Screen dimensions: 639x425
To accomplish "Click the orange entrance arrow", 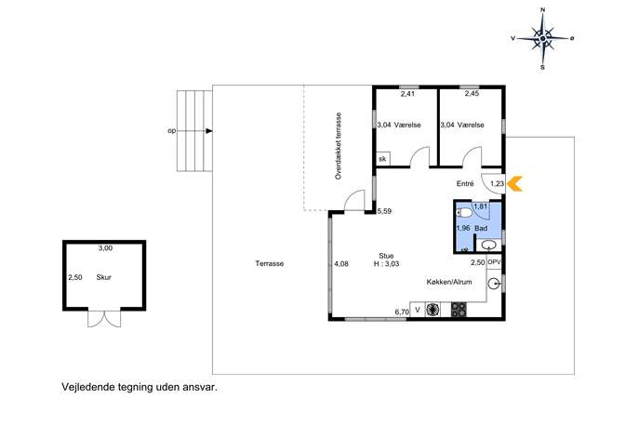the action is point(514,183).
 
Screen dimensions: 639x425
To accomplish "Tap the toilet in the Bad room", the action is point(464,213).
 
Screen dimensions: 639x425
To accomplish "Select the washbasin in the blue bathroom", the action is point(488,245).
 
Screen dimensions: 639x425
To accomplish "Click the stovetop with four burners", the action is point(459,310).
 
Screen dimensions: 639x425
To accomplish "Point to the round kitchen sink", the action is point(494,284).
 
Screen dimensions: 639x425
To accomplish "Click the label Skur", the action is point(103,277).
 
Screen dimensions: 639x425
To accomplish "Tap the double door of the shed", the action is point(104,318).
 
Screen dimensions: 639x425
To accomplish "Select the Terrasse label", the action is point(270,263).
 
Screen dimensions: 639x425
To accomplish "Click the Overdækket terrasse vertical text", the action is point(339,146).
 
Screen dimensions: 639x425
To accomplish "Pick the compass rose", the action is point(542,38).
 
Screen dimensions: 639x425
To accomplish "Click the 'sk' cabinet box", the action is point(382,159).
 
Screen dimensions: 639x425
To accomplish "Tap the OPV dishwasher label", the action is point(494,262).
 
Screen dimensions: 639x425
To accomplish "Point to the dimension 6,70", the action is point(402,312).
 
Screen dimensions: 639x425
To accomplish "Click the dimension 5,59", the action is point(384,211).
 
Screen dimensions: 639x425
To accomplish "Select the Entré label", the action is point(465,184).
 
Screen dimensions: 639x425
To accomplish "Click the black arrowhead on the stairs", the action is point(209,131).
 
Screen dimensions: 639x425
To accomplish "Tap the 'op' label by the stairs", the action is point(172,131).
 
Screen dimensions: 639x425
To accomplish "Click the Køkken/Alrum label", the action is point(449,282).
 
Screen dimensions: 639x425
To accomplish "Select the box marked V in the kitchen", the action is point(418,310).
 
